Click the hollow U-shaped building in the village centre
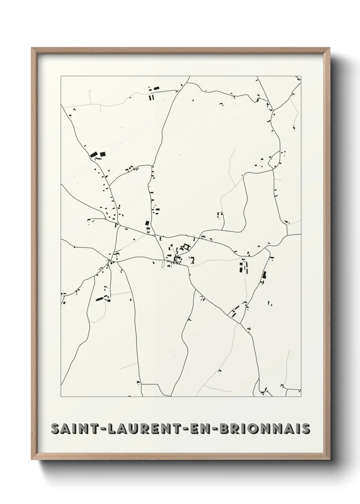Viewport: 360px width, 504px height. pyautogui.click(x=186, y=247)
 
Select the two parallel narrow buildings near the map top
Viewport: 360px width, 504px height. pyautogui.click(x=151, y=98)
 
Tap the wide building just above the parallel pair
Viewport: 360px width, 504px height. pyautogui.click(x=156, y=89)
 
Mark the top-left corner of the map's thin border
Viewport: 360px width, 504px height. pyautogui.click(x=61, y=76)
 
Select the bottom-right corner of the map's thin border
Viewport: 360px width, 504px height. pyautogui.click(x=301, y=397)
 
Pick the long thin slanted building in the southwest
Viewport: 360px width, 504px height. pyautogui.click(x=100, y=299)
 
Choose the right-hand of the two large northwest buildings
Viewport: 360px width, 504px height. pyautogui.click(x=102, y=154)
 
